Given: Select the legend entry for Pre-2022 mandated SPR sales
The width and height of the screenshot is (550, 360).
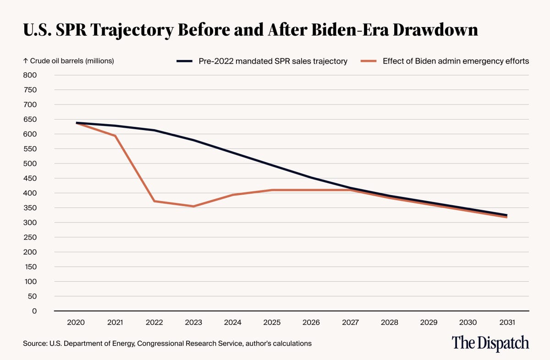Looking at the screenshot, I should click(x=273, y=60).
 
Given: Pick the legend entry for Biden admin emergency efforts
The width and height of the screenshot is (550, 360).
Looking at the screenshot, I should click(x=456, y=60).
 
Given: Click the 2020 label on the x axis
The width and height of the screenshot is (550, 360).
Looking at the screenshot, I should click(x=75, y=323).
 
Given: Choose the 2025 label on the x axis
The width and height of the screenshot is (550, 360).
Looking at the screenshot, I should click(x=272, y=323).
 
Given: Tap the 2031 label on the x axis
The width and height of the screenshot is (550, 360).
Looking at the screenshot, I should click(x=507, y=323).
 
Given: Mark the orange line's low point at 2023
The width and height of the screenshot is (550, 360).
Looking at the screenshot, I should click(x=193, y=206).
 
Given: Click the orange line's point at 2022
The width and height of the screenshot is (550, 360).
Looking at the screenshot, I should click(x=154, y=201).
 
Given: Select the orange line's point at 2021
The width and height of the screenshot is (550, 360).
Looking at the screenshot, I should click(x=115, y=136).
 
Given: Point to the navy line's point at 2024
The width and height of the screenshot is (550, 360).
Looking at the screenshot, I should click(x=233, y=153).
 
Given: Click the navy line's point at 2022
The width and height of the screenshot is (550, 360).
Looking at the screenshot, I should click(x=154, y=130).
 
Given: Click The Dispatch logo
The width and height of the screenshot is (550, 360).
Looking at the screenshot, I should click(x=490, y=343).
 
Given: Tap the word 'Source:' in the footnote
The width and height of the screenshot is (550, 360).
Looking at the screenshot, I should click(x=34, y=343).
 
